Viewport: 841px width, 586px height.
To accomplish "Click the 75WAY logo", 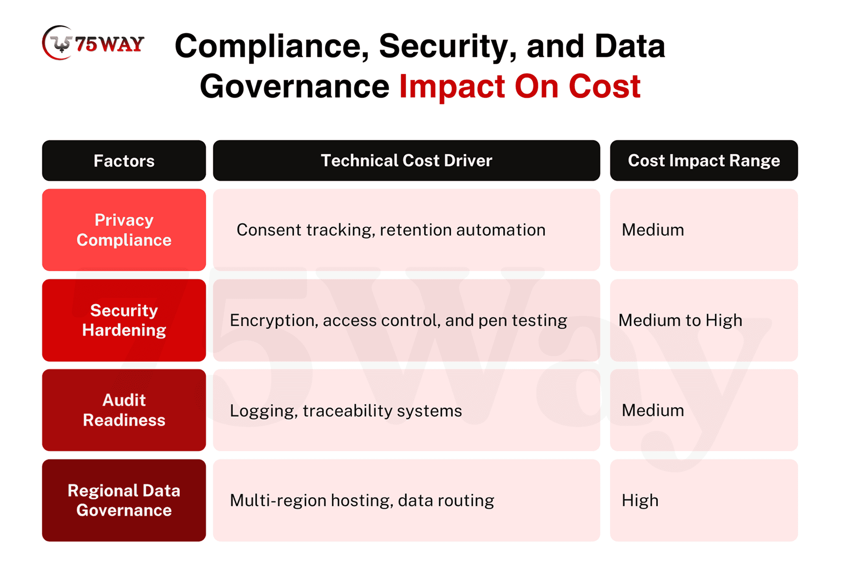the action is point(93,43).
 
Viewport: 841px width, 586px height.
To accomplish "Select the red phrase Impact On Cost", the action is point(520,86).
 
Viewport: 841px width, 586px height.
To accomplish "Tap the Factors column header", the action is point(124,161).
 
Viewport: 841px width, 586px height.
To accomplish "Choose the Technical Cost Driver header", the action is point(406,161).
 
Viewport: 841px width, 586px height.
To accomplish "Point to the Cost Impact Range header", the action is point(704,161).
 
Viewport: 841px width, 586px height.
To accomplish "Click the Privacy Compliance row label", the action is point(124,230).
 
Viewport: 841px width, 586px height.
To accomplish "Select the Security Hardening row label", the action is point(124,320).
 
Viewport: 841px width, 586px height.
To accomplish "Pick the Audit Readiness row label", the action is point(124,410).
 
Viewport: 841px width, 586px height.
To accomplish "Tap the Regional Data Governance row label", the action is point(124,500).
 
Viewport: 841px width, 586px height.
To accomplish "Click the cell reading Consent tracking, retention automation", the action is point(406,230).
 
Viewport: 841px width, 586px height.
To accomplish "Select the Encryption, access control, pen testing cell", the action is point(406,320).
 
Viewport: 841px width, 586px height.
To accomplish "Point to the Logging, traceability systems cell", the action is point(406,410).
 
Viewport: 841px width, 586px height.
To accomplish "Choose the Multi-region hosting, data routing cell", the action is point(406,500).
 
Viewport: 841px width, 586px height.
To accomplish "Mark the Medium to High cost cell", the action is point(704,320).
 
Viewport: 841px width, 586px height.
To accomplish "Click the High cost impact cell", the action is point(704,500).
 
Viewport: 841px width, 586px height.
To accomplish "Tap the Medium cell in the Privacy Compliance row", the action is point(704,230).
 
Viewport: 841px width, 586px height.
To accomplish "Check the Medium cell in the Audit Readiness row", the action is point(704,410).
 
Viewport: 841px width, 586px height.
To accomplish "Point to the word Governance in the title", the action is point(294,86).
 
